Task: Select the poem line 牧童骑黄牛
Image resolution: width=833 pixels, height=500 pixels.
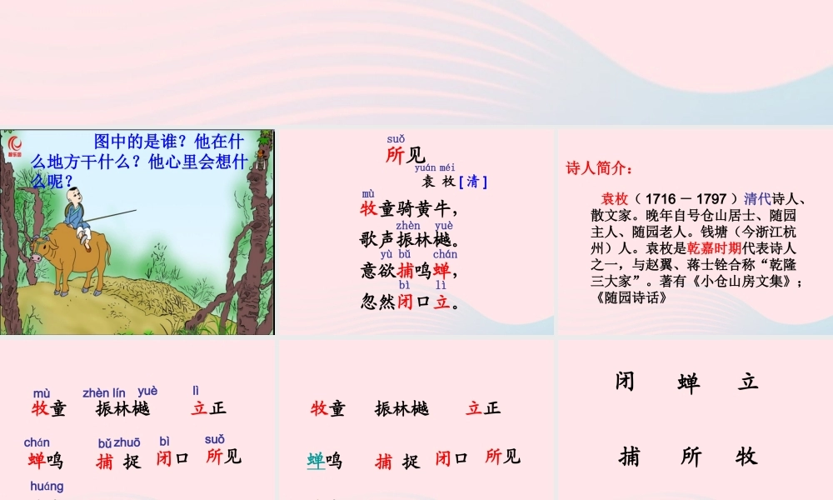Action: point(408,209)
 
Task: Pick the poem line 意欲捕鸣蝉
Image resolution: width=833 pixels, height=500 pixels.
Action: point(408,271)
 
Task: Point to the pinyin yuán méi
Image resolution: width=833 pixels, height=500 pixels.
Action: point(435,167)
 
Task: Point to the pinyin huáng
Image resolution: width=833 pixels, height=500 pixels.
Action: point(47,487)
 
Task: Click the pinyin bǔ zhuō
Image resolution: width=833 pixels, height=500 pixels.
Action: point(119,442)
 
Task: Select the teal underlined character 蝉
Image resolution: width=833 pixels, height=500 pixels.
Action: point(316,460)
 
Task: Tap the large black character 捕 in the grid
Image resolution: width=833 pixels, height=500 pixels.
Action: point(630,457)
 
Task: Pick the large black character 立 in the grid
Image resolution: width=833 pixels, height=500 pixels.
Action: point(748,382)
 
